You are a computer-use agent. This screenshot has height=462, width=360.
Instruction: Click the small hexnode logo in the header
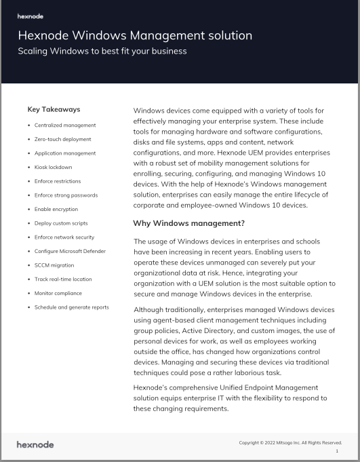click(x=31, y=14)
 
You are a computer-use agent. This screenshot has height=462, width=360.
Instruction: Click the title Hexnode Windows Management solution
click(x=135, y=35)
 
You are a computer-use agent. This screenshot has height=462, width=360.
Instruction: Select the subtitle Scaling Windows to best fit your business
click(x=102, y=51)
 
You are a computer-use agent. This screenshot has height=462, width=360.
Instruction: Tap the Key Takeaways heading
click(x=54, y=109)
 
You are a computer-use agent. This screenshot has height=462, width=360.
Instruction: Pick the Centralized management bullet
click(x=65, y=126)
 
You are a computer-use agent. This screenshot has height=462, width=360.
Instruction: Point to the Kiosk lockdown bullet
click(x=53, y=167)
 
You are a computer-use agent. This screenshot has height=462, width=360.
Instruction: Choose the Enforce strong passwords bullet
click(x=66, y=195)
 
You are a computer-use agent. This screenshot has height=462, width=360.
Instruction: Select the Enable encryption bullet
click(x=56, y=209)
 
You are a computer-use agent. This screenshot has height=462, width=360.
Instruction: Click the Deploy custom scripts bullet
click(x=61, y=223)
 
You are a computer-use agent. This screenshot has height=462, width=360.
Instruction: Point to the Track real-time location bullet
click(x=63, y=279)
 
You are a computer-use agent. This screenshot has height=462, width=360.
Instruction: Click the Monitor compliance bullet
click(x=58, y=293)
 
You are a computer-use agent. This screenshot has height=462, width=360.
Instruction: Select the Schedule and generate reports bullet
click(x=71, y=307)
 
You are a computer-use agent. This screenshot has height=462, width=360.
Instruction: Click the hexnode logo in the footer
click(x=35, y=444)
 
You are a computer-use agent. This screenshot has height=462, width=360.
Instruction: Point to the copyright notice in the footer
click(x=290, y=443)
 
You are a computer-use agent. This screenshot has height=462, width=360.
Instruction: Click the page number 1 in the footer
click(x=337, y=451)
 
